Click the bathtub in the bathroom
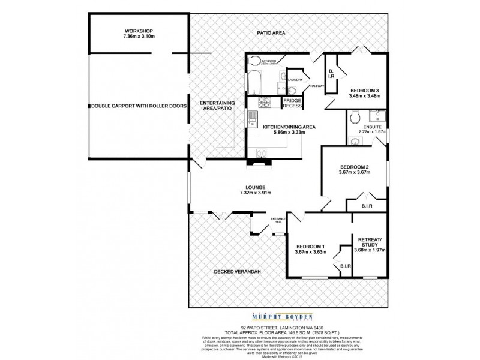[254, 83]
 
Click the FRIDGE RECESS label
[292, 103]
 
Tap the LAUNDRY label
[295, 79]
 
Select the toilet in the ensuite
[355, 116]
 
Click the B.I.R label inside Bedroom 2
[367, 206]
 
